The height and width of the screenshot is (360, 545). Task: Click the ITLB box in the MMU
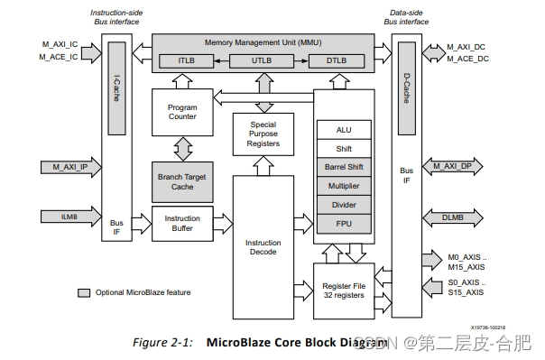tap(186, 61)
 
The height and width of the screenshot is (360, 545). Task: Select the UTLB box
tap(263, 61)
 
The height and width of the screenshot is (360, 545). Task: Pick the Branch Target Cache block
tap(182, 180)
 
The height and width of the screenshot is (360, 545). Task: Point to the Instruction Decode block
tap(263, 247)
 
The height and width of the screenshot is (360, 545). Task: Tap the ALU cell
tap(344, 130)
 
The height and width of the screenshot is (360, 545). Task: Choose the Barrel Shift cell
tap(344, 167)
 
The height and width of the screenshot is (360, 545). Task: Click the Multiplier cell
tap(344, 186)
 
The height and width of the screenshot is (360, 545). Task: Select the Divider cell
tap(344, 205)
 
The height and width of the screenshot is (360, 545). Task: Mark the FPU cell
tap(344, 224)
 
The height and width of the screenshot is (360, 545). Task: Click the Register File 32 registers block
tap(344, 291)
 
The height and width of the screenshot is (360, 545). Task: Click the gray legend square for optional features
tap(84, 292)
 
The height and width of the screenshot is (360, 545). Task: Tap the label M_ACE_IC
tap(62, 57)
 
